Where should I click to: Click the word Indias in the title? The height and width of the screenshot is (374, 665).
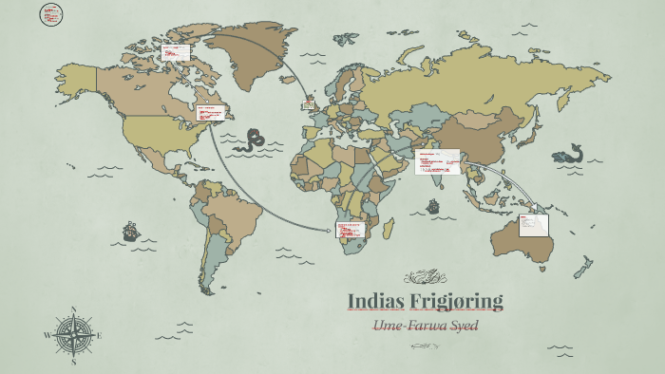[376, 301]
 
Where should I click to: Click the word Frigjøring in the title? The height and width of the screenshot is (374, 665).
[456, 301]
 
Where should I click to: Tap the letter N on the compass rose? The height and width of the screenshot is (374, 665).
[74, 309]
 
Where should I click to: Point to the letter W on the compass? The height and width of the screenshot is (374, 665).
[47, 335]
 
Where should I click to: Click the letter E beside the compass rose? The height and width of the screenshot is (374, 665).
[99, 335]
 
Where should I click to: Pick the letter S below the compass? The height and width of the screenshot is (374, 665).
[74, 362]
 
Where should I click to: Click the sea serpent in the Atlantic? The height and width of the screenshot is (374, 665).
[253, 141]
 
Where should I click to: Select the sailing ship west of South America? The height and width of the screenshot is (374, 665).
[130, 231]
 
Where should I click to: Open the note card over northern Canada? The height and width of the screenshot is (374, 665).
[175, 52]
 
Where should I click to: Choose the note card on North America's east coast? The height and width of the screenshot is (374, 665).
[216, 113]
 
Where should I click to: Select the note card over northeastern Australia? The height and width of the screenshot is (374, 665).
[535, 224]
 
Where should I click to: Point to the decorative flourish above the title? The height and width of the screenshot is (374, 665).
[425, 277]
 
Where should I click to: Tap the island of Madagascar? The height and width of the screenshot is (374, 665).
[389, 228]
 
